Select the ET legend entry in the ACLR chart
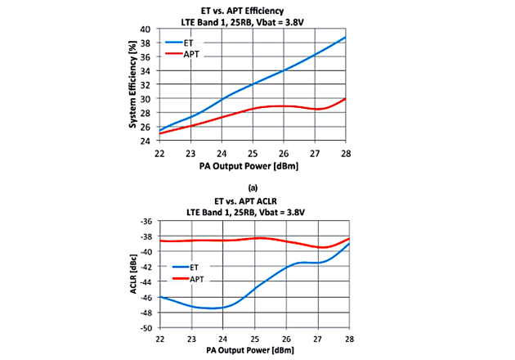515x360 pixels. point(195,266)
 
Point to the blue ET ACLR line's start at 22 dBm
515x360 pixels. point(159,297)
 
